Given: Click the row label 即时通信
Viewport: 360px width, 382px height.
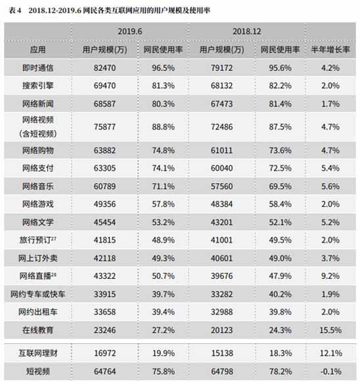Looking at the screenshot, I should [x=38, y=67].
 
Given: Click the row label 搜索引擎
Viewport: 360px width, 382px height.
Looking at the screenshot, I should [x=38, y=85].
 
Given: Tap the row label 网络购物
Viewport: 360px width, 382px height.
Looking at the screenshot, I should [x=38, y=150].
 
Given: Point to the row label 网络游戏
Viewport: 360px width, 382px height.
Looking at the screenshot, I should [x=38, y=204].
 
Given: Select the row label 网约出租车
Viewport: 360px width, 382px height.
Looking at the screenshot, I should [x=38, y=311].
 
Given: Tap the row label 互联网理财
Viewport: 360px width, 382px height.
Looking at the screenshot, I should [x=38, y=354].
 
